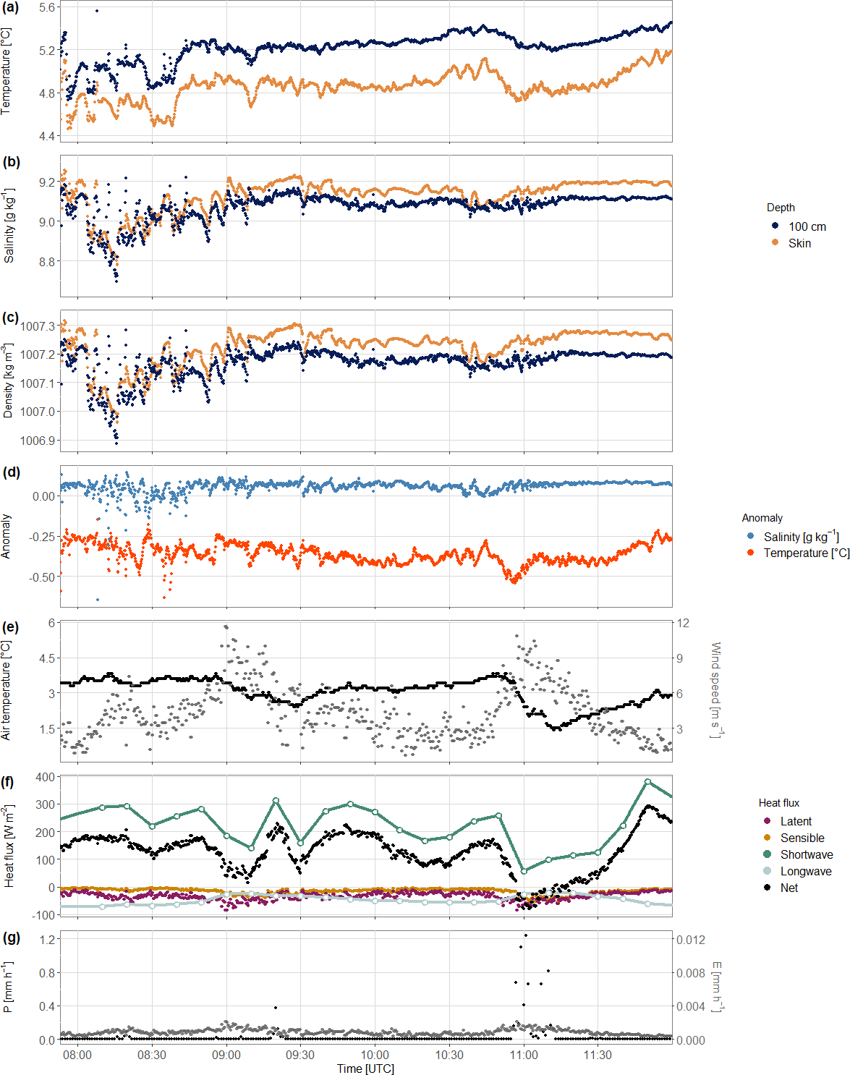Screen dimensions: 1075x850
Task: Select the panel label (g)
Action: pos(11,938)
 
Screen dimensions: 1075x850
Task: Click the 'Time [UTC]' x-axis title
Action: pos(365,1068)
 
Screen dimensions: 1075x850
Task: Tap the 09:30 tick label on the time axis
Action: pos(300,1055)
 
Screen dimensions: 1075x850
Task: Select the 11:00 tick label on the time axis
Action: pos(524,1055)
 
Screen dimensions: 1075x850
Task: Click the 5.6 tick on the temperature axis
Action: pos(47,7)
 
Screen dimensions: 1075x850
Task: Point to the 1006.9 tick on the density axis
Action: pos(38,441)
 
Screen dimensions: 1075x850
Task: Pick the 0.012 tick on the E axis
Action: pos(690,940)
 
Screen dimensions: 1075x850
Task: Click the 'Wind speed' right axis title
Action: pos(715,689)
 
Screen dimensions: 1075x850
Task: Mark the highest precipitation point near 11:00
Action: pos(525,935)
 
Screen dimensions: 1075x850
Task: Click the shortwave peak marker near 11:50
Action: pos(647,782)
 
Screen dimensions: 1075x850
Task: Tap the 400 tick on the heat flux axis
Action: pos(46,777)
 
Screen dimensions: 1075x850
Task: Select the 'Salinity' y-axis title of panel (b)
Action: pos(9,226)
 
